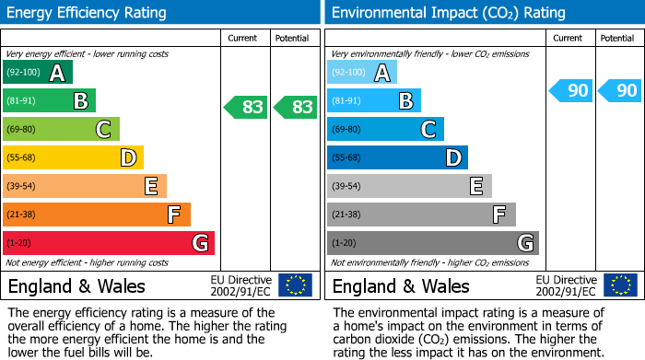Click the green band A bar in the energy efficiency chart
coord(38,73)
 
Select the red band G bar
coord(109,243)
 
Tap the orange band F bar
coord(97,215)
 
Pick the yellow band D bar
coord(73,157)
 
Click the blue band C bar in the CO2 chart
coord(385,129)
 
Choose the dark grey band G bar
coord(432,243)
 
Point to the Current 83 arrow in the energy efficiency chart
coord(246,108)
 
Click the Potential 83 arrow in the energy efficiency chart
coord(296,108)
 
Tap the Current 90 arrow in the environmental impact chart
coord(570,90)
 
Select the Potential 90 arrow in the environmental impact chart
coord(619,90)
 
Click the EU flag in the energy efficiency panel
coord(295,285)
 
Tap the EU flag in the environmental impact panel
coord(619,285)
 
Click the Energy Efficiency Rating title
coord(88,13)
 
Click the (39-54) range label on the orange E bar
coord(22,186)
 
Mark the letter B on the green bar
coord(80,101)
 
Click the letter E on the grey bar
coord(476,186)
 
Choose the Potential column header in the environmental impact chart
coord(617,38)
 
